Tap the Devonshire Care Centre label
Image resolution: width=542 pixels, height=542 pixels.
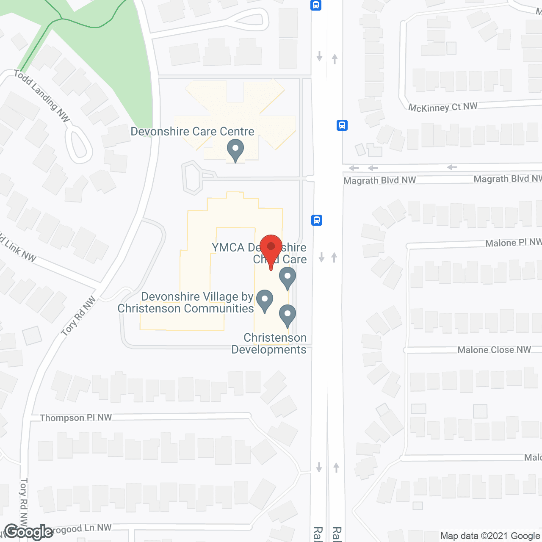click(192, 132)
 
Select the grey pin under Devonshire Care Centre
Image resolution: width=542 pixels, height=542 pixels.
click(235, 151)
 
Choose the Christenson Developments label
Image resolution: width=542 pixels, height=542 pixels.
click(269, 343)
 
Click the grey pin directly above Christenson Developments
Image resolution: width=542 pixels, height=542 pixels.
click(288, 315)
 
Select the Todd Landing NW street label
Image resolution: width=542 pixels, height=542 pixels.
click(41, 96)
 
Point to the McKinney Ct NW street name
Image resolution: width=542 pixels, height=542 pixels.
click(442, 107)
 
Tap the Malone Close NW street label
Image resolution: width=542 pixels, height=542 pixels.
click(494, 350)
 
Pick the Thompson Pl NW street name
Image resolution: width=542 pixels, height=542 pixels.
click(76, 418)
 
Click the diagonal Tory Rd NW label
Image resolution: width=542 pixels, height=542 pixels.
click(79, 316)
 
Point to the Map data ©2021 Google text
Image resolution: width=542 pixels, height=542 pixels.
click(490, 536)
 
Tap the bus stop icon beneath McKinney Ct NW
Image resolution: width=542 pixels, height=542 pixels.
click(342, 125)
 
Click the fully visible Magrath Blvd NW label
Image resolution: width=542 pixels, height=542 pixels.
click(380, 180)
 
